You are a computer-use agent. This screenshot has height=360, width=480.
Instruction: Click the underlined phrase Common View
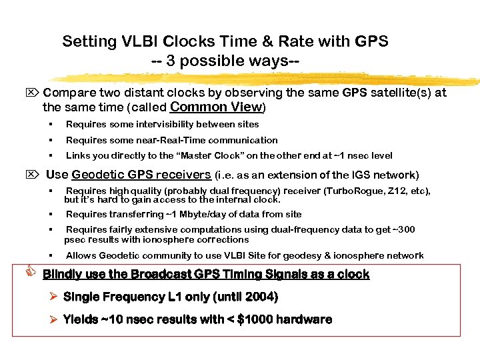tap(217, 107)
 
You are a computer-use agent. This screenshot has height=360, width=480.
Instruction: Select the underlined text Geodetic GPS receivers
tap(141, 175)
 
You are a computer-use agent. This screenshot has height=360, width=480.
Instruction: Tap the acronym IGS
tap(358, 175)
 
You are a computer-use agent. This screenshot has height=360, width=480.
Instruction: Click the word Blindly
tap(64, 275)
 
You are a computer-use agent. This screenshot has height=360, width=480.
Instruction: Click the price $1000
tap(249, 319)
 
